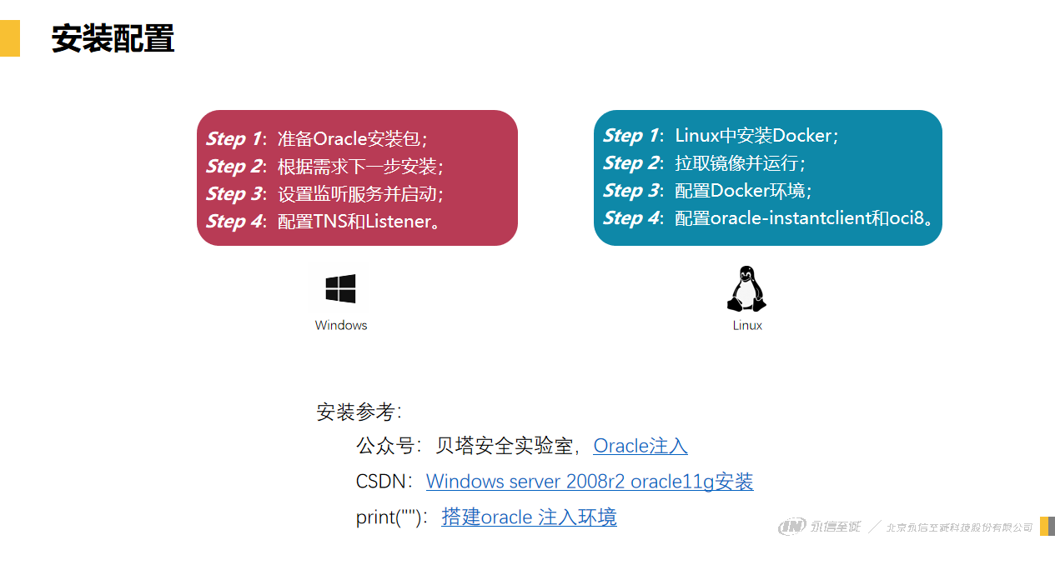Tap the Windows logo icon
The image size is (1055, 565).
pos(340,289)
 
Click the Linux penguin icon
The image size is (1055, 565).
pos(747,290)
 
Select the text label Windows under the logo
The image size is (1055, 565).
pos(341,325)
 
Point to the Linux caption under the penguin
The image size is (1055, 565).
pos(747,325)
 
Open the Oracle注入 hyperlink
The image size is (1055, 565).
pos(640,446)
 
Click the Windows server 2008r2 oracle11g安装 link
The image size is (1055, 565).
pos(590,482)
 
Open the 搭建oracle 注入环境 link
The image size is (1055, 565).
pos(529,517)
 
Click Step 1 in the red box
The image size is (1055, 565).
pos(233,138)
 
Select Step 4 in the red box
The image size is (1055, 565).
pos(233,221)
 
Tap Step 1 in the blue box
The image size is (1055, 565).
pos(630,135)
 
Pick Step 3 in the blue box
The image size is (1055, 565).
pos(630,190)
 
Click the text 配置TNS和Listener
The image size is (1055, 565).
pos(359,221)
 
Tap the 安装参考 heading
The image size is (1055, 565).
pos(359,412)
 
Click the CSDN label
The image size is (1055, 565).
pos(384,482)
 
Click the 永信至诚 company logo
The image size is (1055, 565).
pos(819,527)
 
